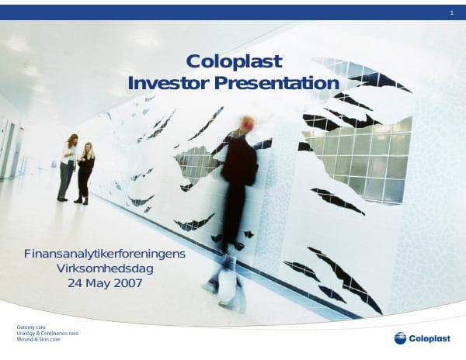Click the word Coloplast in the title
(235, 62)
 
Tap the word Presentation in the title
(276, 83)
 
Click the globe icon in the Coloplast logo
(400, 337)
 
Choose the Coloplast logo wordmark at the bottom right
(429, 337)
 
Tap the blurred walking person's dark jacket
(238, 163)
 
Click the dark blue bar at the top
(233, 12)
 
